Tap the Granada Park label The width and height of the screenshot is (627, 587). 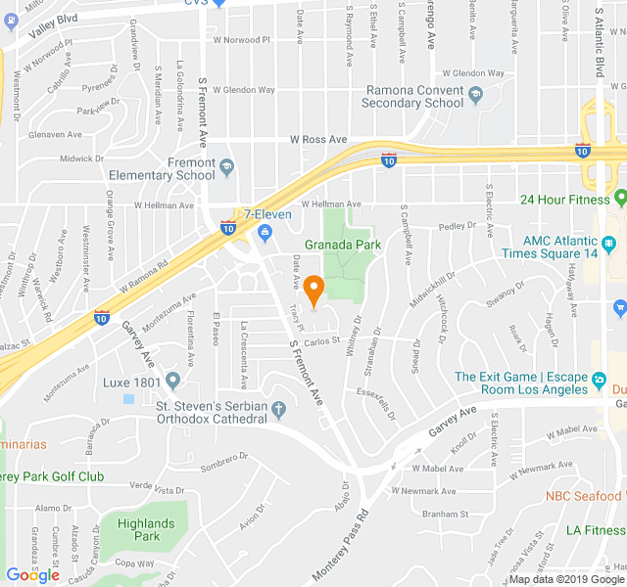click(342, 245)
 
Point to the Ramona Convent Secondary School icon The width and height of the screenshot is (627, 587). click(476, 95)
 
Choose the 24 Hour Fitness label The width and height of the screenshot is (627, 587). click(572, 200)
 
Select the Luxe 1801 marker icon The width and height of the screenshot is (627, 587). click(173, 381)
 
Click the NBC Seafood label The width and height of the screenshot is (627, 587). click(585, 495)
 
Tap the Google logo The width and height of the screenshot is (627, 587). click(32, 575)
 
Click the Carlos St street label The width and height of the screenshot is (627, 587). click(320, 341)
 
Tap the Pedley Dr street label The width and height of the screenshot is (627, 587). click(457, 226)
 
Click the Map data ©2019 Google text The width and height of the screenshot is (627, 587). click(565, 579)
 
